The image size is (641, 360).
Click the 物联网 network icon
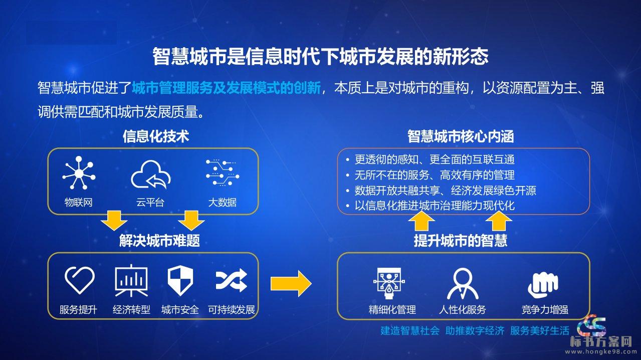[79, 173]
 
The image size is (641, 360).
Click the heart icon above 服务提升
[80, 280]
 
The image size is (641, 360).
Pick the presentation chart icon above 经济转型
[131, 280]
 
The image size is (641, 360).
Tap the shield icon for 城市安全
[180, 280]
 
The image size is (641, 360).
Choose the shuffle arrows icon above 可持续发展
[231, 280]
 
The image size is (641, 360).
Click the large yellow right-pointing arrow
[291, 283]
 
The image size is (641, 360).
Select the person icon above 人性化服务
[463, 284]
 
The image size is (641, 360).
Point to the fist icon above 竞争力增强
[543, 285]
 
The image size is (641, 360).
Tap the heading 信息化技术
[156, 136]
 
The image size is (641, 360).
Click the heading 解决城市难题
[159, 240]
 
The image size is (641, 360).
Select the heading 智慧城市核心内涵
[461, 136]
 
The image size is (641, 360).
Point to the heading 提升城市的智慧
[461, 240]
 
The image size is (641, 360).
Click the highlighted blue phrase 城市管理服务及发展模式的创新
[226, 88]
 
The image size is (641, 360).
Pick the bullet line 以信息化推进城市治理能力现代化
[435, 206]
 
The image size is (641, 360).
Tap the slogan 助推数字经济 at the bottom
[475, 331]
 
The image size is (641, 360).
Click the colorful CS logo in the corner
[592, 325]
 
